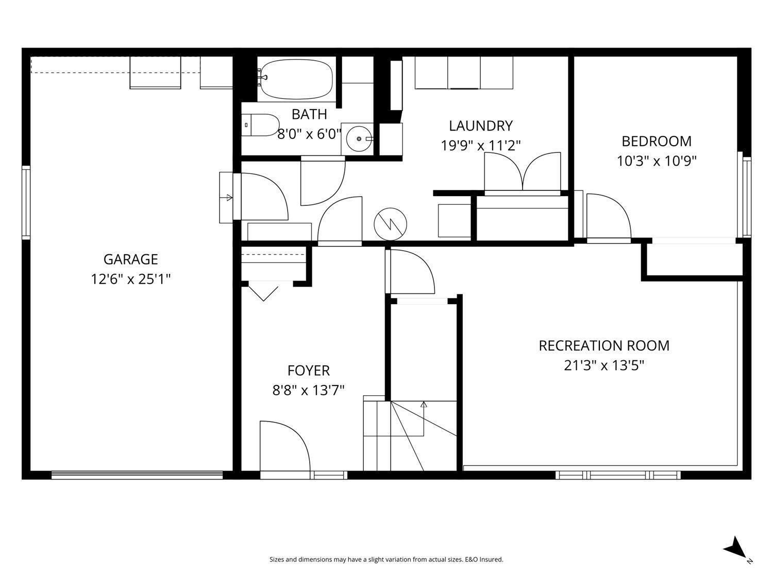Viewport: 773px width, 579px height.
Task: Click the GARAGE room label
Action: click(130, 259)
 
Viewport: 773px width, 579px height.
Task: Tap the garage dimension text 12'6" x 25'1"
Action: click(130, 279)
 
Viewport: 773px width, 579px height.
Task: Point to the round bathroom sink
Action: click(359, 138)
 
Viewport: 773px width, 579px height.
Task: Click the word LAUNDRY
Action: click(480, 126)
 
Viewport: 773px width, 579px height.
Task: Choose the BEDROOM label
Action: click(656, 141)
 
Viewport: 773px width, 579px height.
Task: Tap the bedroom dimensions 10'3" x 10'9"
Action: click(657, 161)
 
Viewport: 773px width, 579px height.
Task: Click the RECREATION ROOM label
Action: click(603, 345)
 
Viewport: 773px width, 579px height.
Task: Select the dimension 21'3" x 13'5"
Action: click(603, 365)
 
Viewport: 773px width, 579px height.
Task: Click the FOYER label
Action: click(308, 371)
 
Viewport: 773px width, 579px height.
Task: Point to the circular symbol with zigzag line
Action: click(390, 224)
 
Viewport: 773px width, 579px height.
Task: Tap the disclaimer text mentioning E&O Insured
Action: click(386, 559)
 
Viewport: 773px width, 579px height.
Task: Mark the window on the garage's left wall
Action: click(26, 202)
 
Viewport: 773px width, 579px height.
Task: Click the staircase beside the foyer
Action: click(410, 435)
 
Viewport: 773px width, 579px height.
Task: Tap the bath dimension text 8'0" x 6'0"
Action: click(309, 134)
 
